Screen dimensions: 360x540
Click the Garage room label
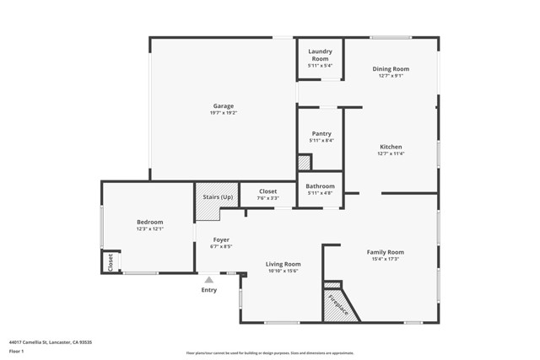click(223, 106)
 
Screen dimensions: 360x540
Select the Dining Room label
click(391, 69)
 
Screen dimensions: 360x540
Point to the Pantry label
click(320, 133)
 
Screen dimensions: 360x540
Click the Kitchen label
click(391, 147)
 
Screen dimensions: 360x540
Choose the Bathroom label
click(320, 186)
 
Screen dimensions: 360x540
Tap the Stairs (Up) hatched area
click(218, 201)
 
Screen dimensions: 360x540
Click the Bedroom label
click(149, 222)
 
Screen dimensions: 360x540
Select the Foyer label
click(220, 240)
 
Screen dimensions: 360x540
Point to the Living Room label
click(283, 264)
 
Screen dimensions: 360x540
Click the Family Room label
click(385, 252)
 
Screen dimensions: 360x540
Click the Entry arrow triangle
click(209, 279)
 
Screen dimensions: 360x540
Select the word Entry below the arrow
click(209, 290)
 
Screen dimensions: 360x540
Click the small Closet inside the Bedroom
click(110, 262)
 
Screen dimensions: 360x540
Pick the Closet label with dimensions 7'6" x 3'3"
click(267, 195)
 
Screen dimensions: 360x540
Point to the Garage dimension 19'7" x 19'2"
click(223, 112)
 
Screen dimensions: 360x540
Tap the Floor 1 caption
click(17, 351)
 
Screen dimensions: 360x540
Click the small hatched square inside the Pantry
click(304, 163)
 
